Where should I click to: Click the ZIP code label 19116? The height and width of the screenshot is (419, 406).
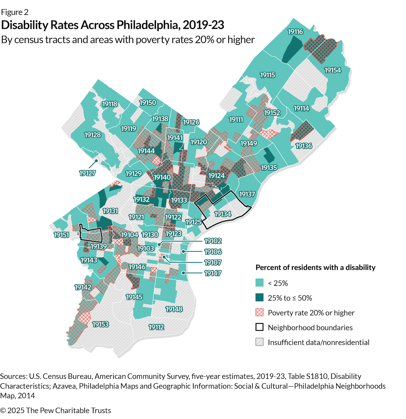(x=295, y=32)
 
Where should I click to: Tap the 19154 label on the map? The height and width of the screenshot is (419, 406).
(x=333, y=70)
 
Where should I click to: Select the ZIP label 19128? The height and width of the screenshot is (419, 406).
(x=93, y=135)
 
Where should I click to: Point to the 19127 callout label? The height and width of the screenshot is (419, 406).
(x=87, y=173)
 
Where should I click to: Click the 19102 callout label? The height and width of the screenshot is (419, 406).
(x=213, y=241)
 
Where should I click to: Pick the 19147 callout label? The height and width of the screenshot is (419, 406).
(x=213, y=273)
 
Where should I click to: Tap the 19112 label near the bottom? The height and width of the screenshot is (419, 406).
(x=156, y=327)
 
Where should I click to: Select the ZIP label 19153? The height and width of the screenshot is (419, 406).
(x=100, y=324)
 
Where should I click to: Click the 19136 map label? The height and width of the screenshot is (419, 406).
(x=304, y=146)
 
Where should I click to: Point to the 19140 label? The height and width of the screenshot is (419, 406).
(x=162, y=177)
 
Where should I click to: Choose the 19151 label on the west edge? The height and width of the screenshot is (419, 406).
(x=61, y=235)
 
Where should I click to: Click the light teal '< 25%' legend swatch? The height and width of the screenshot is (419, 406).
(x=259, y=283)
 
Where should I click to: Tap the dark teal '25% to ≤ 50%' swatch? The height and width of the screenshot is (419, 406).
(x=259, y=298)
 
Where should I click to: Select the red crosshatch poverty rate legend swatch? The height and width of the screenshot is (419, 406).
(x=259, y=312)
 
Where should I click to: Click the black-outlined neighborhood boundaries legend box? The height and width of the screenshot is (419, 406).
(x=259, y=327)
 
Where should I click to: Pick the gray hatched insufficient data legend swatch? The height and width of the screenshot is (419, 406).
(x=259, y=342)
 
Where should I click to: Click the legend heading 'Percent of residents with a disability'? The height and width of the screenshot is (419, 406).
(x=315, y=267)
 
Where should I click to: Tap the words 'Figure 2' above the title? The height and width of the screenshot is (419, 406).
(x=15, y=12)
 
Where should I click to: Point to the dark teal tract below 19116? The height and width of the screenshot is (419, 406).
(x=292, y=49)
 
